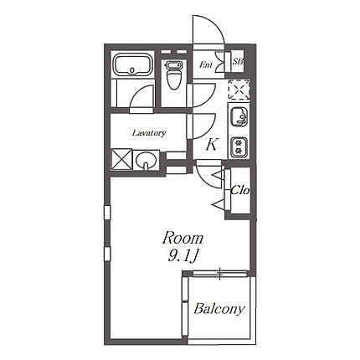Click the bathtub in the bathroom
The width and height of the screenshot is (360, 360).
[132, 64]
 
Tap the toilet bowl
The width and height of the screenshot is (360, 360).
[173, 75]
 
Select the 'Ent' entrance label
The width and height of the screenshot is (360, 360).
[206, 64]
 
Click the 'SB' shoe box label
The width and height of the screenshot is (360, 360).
[238, 61]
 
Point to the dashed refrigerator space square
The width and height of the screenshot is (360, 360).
[239, 90]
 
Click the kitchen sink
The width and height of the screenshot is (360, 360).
[239, 116]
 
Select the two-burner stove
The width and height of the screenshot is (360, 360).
[239, 147]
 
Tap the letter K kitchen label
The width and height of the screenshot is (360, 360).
[211, 145]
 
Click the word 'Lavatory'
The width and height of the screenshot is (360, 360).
[149, 133]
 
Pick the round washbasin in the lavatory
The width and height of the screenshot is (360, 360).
[145, 161]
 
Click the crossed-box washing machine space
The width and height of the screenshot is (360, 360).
[121, 159]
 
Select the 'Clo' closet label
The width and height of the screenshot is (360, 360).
[239, 191]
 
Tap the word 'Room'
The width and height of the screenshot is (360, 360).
[183, 238]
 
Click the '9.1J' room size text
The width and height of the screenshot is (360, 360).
[183, 256]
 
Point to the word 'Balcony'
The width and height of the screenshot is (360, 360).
[219, 309]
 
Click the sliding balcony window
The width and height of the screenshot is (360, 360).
[220, 274]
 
